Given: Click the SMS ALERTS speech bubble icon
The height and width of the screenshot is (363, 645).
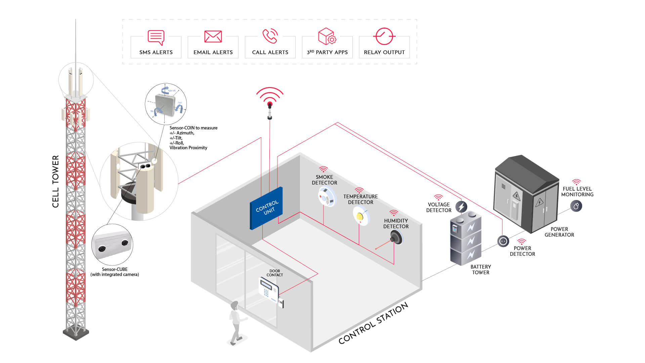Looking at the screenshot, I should [x=156, y=37].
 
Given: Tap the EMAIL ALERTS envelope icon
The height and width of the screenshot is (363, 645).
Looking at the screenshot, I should [x=213, y=36].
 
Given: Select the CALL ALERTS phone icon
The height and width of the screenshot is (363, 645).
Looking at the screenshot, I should [x=270, y=36].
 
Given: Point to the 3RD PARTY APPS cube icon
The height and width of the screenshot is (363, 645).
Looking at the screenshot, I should [x=327, y=36].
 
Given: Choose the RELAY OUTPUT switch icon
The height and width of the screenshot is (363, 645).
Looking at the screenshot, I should [x=384, y=36].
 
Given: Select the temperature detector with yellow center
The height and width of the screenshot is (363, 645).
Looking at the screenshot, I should [x=360, y=215].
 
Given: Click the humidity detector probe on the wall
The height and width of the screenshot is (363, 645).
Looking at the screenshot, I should [x=396, y=238].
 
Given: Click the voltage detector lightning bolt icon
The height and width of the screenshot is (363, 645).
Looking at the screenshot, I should [x=461, y=206].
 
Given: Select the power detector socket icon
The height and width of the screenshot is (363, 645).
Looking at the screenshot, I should [x=503, y=241].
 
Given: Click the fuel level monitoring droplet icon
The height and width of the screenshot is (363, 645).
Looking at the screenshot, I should [x=576, y=206].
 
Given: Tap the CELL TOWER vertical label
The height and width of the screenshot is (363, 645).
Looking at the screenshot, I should [x=55, y=182].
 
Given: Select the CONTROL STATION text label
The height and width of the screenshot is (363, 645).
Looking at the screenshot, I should [x=373, y=323].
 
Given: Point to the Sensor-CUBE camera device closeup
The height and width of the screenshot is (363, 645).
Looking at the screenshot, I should [x=112, y=245].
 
